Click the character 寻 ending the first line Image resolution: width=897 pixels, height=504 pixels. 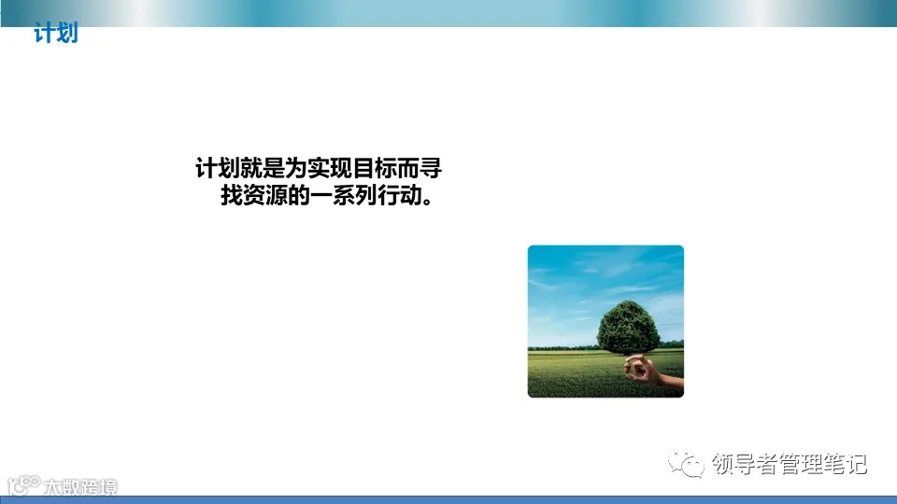(431, 170)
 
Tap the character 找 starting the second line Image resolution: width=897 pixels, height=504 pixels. (230, 198)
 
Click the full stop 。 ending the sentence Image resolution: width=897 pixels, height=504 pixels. (428, 200)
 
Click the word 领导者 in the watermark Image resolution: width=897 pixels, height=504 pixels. (742, 464)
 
